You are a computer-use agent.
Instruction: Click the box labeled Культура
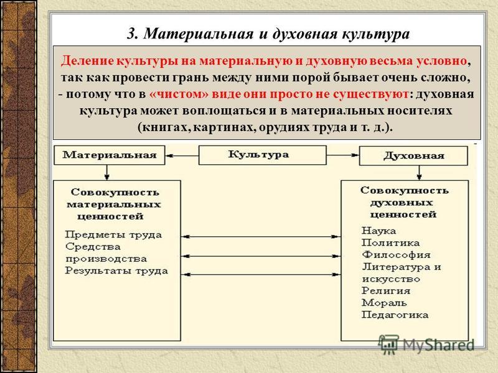pos(262,155)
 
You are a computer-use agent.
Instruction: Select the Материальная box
pos(110,155)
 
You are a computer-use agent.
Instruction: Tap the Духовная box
pos(413,156)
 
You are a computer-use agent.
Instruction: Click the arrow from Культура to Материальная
pos(182,156)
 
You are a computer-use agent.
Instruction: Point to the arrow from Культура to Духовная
pos(343,155)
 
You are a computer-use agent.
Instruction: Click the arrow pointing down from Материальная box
pos(106,173)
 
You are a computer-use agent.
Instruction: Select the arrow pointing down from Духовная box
pos(419,173)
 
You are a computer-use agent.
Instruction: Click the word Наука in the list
pos(378,231)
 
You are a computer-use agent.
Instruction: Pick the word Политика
pos(391,242)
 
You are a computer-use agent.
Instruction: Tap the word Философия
pos(396,255)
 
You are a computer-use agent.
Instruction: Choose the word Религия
pos(386,290)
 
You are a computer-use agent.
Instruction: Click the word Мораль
pos(384,303)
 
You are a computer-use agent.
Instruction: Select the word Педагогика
pos(395,315)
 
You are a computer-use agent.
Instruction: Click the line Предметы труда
pos(113,235)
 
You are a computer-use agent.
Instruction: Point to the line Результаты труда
pos(116,271)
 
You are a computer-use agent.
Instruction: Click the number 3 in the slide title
pos(132,34)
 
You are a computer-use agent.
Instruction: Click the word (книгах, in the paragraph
pos(164,127)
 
